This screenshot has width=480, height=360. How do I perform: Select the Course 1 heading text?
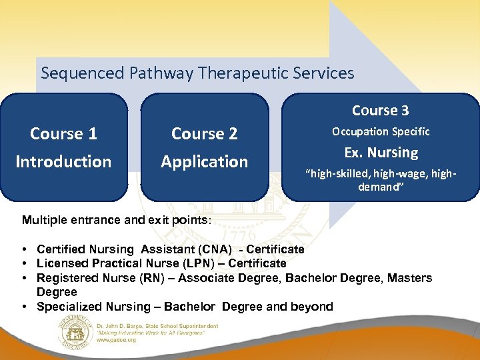tap(63, 134)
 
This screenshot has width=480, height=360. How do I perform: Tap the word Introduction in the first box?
tap(63, 162)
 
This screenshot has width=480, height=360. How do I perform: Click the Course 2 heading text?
tap(204, 134)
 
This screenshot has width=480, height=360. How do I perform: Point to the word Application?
tap(204, 162)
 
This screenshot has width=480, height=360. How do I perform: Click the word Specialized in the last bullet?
tap(69, 307)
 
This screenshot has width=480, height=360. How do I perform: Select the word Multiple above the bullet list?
tap(44, 219)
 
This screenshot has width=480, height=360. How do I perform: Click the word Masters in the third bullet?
tap(409, 278)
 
